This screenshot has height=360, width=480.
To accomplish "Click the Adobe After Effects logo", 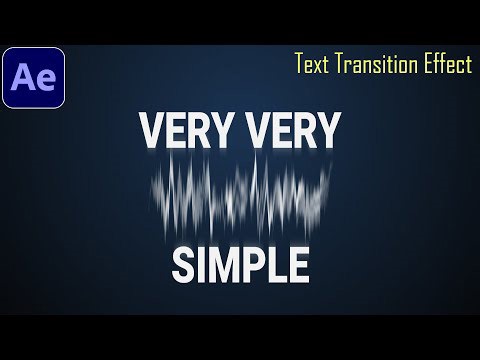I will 33,77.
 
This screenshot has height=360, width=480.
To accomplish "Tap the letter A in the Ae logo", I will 25,77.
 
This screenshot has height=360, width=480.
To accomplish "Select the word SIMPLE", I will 240,265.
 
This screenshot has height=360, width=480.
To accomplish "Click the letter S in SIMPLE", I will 182,265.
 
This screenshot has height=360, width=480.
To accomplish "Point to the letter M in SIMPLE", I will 220,265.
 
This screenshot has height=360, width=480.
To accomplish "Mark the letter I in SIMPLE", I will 199,265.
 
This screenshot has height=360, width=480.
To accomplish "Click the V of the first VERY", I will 151,131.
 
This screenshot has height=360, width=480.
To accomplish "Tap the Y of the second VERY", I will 330,131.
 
